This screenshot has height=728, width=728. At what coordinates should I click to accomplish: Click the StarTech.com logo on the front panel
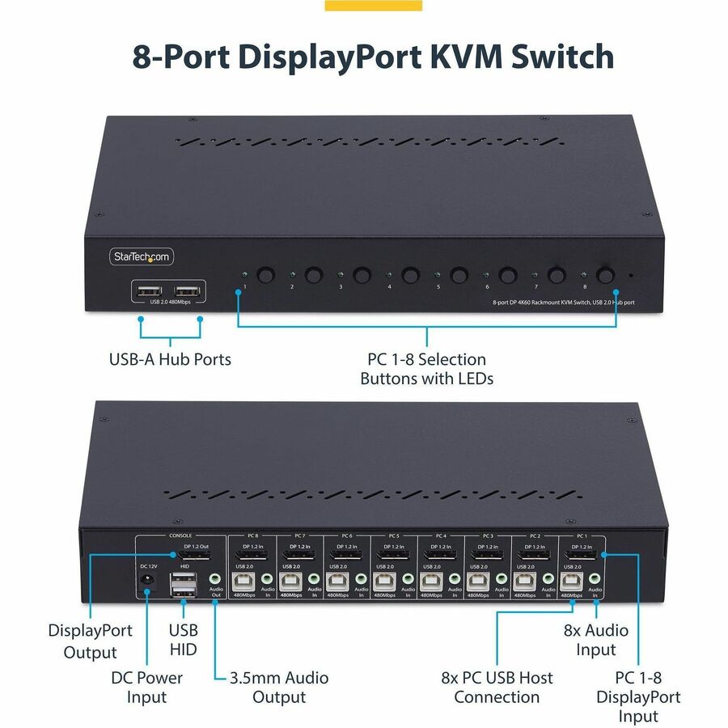point(142,256)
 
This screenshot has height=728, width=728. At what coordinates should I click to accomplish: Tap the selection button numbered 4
point(411,276)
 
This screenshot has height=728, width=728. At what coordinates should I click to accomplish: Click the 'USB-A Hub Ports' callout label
point(170,359)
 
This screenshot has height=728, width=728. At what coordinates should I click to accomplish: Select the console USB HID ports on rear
point(181,587)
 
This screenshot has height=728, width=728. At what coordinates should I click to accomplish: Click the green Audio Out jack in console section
point(215,578)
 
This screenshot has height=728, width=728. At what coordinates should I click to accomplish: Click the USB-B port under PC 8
point(241,582)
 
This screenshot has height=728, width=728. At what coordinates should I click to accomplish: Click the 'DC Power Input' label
point(146,687)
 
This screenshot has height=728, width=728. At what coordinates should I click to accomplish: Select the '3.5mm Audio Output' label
point(279,687)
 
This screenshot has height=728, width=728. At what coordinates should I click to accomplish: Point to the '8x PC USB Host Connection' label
point(497,687)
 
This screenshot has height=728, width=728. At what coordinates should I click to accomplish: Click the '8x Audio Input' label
point(595,639)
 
